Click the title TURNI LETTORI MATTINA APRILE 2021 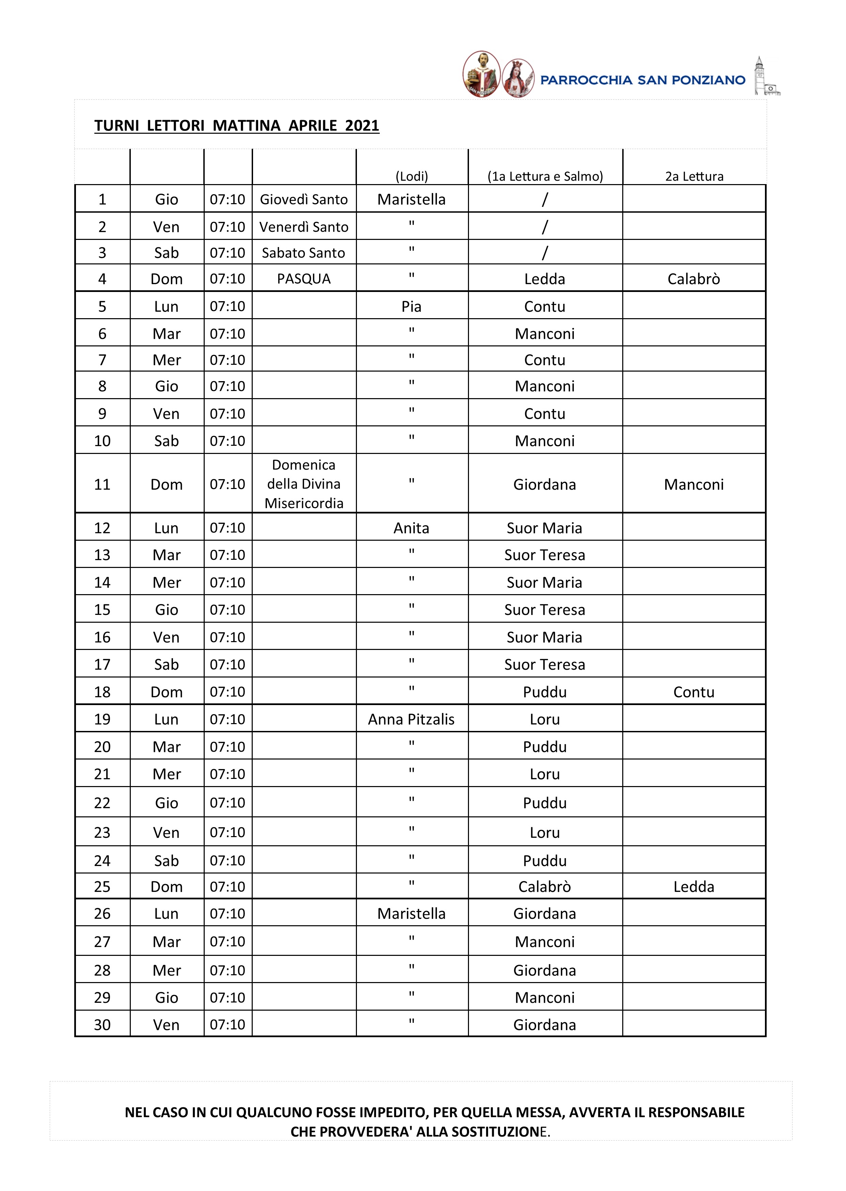(236, 126)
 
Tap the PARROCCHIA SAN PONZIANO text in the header (642, 80)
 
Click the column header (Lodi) (411, 177)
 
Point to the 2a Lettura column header (694, 177)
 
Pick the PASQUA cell (304, 279)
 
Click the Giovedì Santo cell (304, 199)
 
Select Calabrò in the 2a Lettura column (694, 279)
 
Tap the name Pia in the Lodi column (411, 307)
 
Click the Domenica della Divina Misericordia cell (304, 484)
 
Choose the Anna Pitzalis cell (411, 719)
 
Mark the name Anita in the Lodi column (411, 528)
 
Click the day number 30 (102, 1025)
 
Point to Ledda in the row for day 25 (694, 886)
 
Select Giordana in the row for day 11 (545, 485)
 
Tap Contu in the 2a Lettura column (694, 692)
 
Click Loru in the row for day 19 (545, 719)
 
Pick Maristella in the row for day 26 (411, 914)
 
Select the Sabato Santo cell (304, 253)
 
